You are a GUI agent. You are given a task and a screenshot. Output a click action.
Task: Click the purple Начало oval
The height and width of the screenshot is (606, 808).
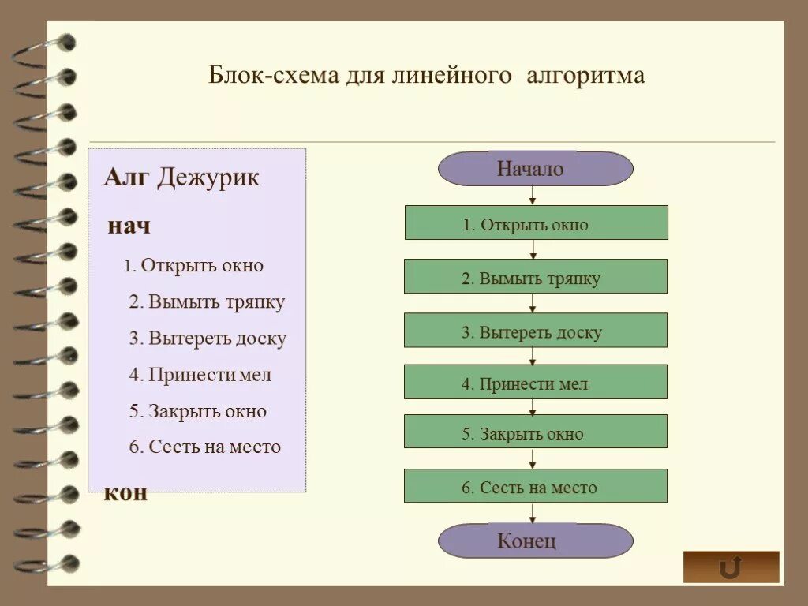[535, 169]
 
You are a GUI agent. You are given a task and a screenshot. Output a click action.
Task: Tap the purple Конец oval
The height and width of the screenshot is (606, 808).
[535, 541]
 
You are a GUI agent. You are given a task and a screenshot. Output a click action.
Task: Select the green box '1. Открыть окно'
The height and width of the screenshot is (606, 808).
[536, 223]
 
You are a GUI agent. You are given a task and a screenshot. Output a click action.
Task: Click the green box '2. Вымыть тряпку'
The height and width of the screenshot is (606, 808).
[536, 277]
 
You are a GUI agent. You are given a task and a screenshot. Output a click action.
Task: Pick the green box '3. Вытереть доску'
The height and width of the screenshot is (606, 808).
[536, 331]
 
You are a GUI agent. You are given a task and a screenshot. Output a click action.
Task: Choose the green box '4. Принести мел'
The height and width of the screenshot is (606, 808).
[536, 383]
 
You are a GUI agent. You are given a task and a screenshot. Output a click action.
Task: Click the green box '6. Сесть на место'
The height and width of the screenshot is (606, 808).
[536, 486]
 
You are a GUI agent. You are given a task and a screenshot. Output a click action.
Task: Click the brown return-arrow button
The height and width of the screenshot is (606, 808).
[731, 567]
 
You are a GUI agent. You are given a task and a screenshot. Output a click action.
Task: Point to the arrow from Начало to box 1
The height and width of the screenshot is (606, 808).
[533, 196]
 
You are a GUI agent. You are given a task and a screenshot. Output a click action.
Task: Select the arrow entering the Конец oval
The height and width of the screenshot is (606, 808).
[533, 513]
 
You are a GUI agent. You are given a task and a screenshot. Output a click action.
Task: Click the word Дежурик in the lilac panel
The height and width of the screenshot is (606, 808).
[208, 178]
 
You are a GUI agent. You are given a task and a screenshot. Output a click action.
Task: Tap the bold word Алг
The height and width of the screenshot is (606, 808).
[126, 178]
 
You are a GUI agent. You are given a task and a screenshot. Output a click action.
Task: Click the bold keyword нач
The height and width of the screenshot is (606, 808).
[129, 226]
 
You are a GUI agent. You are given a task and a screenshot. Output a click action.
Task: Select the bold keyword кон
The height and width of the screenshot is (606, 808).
[125, 493]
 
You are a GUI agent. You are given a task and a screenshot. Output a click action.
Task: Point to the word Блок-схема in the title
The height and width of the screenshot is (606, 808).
[273, 76]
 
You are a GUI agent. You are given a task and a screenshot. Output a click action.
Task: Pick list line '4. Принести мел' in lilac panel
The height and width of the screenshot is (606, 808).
[200, 375]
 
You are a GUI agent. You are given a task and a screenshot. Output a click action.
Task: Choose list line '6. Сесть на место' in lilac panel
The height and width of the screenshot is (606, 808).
[204, 447]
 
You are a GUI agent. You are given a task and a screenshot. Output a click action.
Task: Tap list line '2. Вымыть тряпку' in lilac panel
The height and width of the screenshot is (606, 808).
[207, 302]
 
